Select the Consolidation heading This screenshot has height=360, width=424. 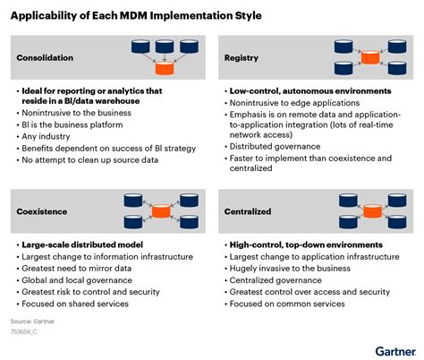click(x=47, y=57)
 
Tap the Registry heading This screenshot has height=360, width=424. click(x=242, y=57)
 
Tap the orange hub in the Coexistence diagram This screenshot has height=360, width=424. click(x=161, y=211)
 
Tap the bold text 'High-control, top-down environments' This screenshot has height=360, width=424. click(x=305, y=244)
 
